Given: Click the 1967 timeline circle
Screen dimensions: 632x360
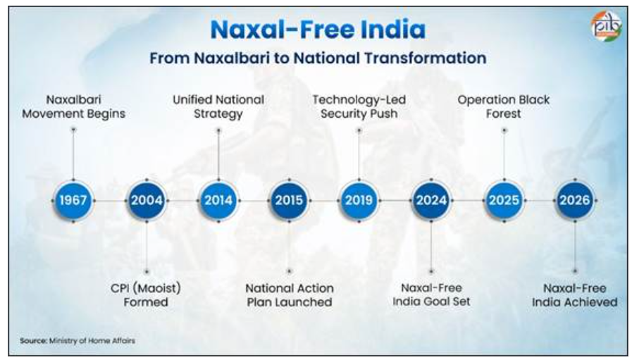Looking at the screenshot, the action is click(73, 200).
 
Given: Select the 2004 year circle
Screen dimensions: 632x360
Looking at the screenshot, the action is click(147, 200).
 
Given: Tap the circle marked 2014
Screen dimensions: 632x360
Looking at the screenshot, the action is click(218, 200).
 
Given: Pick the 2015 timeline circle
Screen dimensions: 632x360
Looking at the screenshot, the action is click(289, 200).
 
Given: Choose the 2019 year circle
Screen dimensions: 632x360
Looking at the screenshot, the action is click(359, 200).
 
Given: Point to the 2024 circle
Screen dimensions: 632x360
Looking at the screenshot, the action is click(431, 200).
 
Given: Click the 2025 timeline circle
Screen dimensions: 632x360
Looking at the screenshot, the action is click(504, 200).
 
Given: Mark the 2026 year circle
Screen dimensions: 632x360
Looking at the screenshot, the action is click(575, 200).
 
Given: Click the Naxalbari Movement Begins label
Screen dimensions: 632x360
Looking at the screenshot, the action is click(73, 107).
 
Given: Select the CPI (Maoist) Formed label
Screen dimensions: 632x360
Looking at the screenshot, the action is click(146, 295).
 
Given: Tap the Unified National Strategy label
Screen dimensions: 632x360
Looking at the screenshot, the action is click(218, 107).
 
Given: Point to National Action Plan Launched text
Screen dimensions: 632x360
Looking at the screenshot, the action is click(290, 295).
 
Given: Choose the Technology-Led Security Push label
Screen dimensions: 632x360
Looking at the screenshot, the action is click(359, 107).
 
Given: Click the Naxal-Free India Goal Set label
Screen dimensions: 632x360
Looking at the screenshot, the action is click(431, 294).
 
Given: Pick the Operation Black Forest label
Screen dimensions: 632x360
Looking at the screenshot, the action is click(504, 107).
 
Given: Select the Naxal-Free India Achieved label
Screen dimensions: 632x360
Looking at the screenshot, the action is click(575, 295).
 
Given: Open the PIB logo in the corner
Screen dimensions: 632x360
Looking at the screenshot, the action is click(606, 25).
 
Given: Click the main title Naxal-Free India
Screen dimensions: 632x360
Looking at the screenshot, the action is click(318, 30).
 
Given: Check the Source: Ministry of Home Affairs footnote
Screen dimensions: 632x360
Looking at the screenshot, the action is click(78, 341).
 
